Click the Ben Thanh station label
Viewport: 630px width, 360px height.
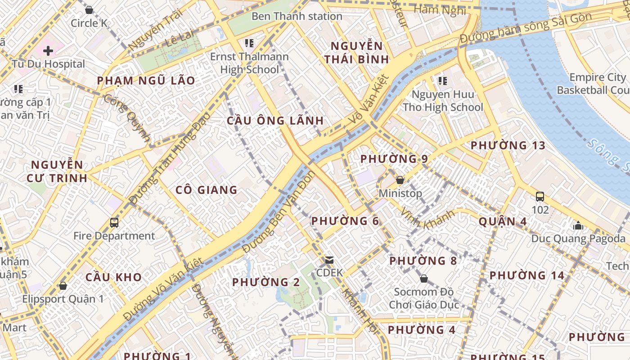click(297, 17)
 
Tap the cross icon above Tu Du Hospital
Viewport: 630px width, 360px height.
click(48, 50)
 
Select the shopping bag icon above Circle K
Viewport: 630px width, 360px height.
click(89, 9)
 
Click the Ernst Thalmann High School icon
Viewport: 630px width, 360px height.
click(249, 43)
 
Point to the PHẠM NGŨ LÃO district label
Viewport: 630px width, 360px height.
click(146, 81)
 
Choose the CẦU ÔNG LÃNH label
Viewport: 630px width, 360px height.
click(275, 121)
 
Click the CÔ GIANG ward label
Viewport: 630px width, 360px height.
click(206, 190)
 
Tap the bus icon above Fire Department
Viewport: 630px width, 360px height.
click(114, 222)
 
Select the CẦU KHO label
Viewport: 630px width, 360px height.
click(113, 277)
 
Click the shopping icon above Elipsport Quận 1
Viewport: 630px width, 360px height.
click(63, 286)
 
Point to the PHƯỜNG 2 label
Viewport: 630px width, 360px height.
click(265, 283)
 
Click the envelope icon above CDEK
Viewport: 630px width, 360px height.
click(329, 260)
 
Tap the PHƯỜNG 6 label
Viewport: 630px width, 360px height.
click(345, 221)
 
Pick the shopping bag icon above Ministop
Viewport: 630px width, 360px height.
click(400, 180)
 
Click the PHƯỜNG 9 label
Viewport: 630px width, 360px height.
click(394, 159)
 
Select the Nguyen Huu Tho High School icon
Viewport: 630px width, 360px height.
click(442, 81)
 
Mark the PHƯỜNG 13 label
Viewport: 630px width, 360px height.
click(508, 145)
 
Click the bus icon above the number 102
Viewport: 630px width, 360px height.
click(540, 197)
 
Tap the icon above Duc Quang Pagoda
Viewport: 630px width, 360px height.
click(578, 225)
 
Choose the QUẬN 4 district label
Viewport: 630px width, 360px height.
click(503, 221)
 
